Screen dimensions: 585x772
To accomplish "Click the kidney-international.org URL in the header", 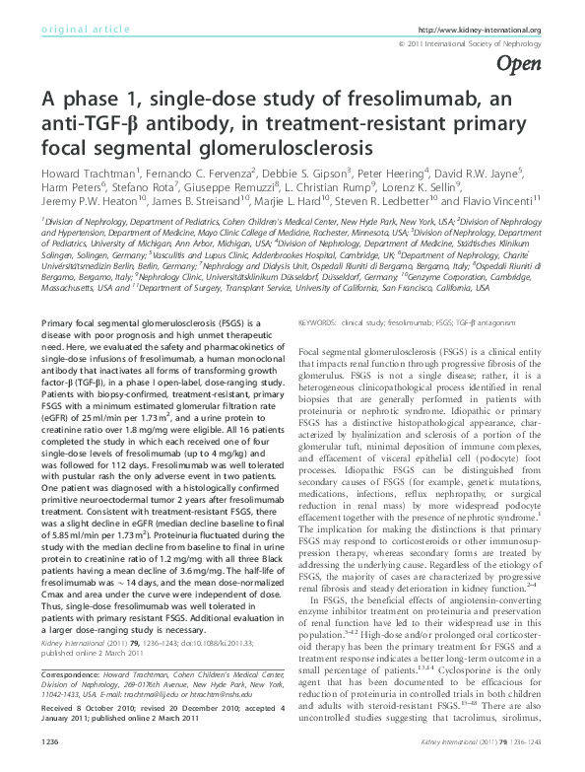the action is (491, 31).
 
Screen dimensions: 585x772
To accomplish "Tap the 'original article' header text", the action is (81, 31).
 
